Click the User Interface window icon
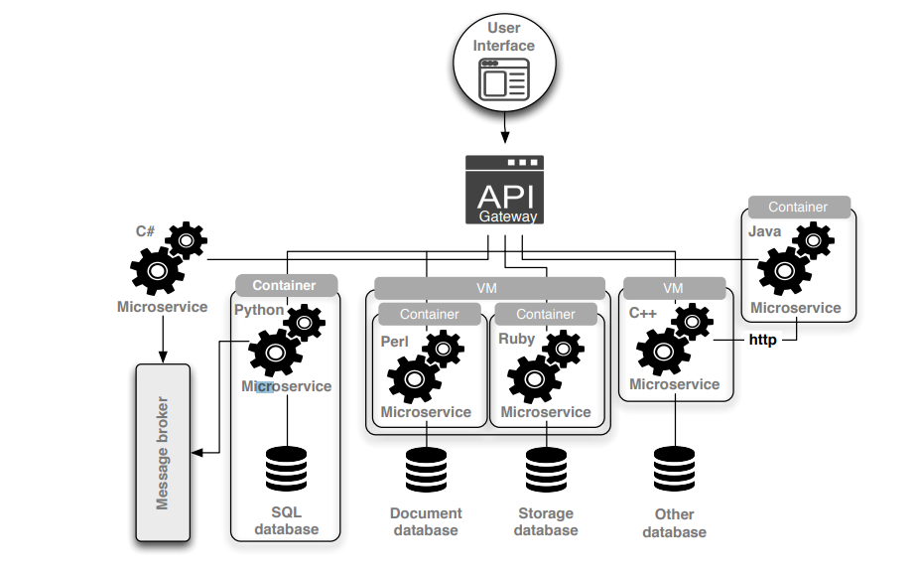point(503,78)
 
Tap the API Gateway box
point(506,189)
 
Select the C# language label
point(145,231)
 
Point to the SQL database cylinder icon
point(287,469)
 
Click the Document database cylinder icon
point(426,470)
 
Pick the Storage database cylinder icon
point(545,470)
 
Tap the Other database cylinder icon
point(674,470)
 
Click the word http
point(762,340)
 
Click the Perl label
point(395,341)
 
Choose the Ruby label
point(516,338)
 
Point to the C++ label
point(643,312)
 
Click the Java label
point(764,231)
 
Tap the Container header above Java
point(798,208)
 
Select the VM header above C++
point(674,288)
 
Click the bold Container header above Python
point(284,285)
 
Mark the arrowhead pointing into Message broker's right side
point(196,453)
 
